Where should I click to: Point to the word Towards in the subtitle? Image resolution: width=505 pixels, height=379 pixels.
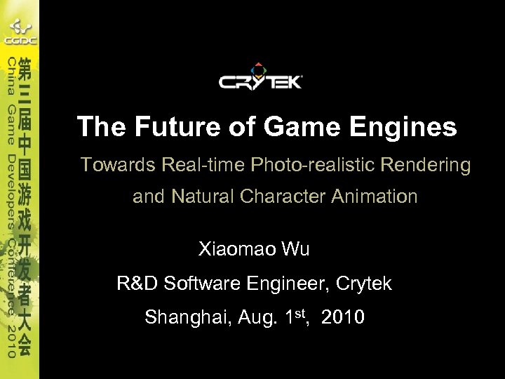pyautogui.click(x=118, y=165)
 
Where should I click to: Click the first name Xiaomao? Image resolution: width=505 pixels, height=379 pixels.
pyautogui.click(x=237, y=249)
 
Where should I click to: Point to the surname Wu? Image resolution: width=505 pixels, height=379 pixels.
pyautogui.click(x=295, y=249)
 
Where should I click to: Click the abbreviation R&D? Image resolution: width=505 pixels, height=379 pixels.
pyautogui.click(x=138, y=284)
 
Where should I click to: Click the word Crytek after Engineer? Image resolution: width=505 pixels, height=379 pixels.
pyautogui.click(x=364, y=284)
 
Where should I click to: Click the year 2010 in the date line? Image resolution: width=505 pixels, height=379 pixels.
pyautogui.click(x=344, y=318)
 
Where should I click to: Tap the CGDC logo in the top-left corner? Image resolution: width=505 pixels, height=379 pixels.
pyautogui.click(x=20, y=31)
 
